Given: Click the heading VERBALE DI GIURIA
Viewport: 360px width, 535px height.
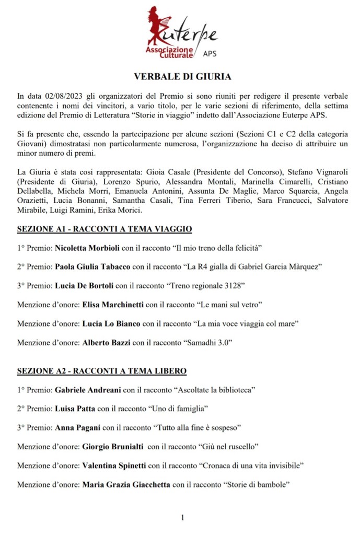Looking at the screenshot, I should click(x=182, y=77).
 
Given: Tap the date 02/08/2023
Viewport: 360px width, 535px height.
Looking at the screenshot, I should click(x=58, y=97).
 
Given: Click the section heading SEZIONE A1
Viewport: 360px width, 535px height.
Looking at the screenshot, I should click(x=104, y=229).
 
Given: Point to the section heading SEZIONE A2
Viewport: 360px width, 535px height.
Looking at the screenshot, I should click(x=102, y=371).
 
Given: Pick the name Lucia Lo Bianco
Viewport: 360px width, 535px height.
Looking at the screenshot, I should click(x=111, y=323).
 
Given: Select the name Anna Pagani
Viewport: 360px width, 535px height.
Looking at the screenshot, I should click(x=78, y=428).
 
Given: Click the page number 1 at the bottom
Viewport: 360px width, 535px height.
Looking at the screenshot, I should click(x=182, y=518).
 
